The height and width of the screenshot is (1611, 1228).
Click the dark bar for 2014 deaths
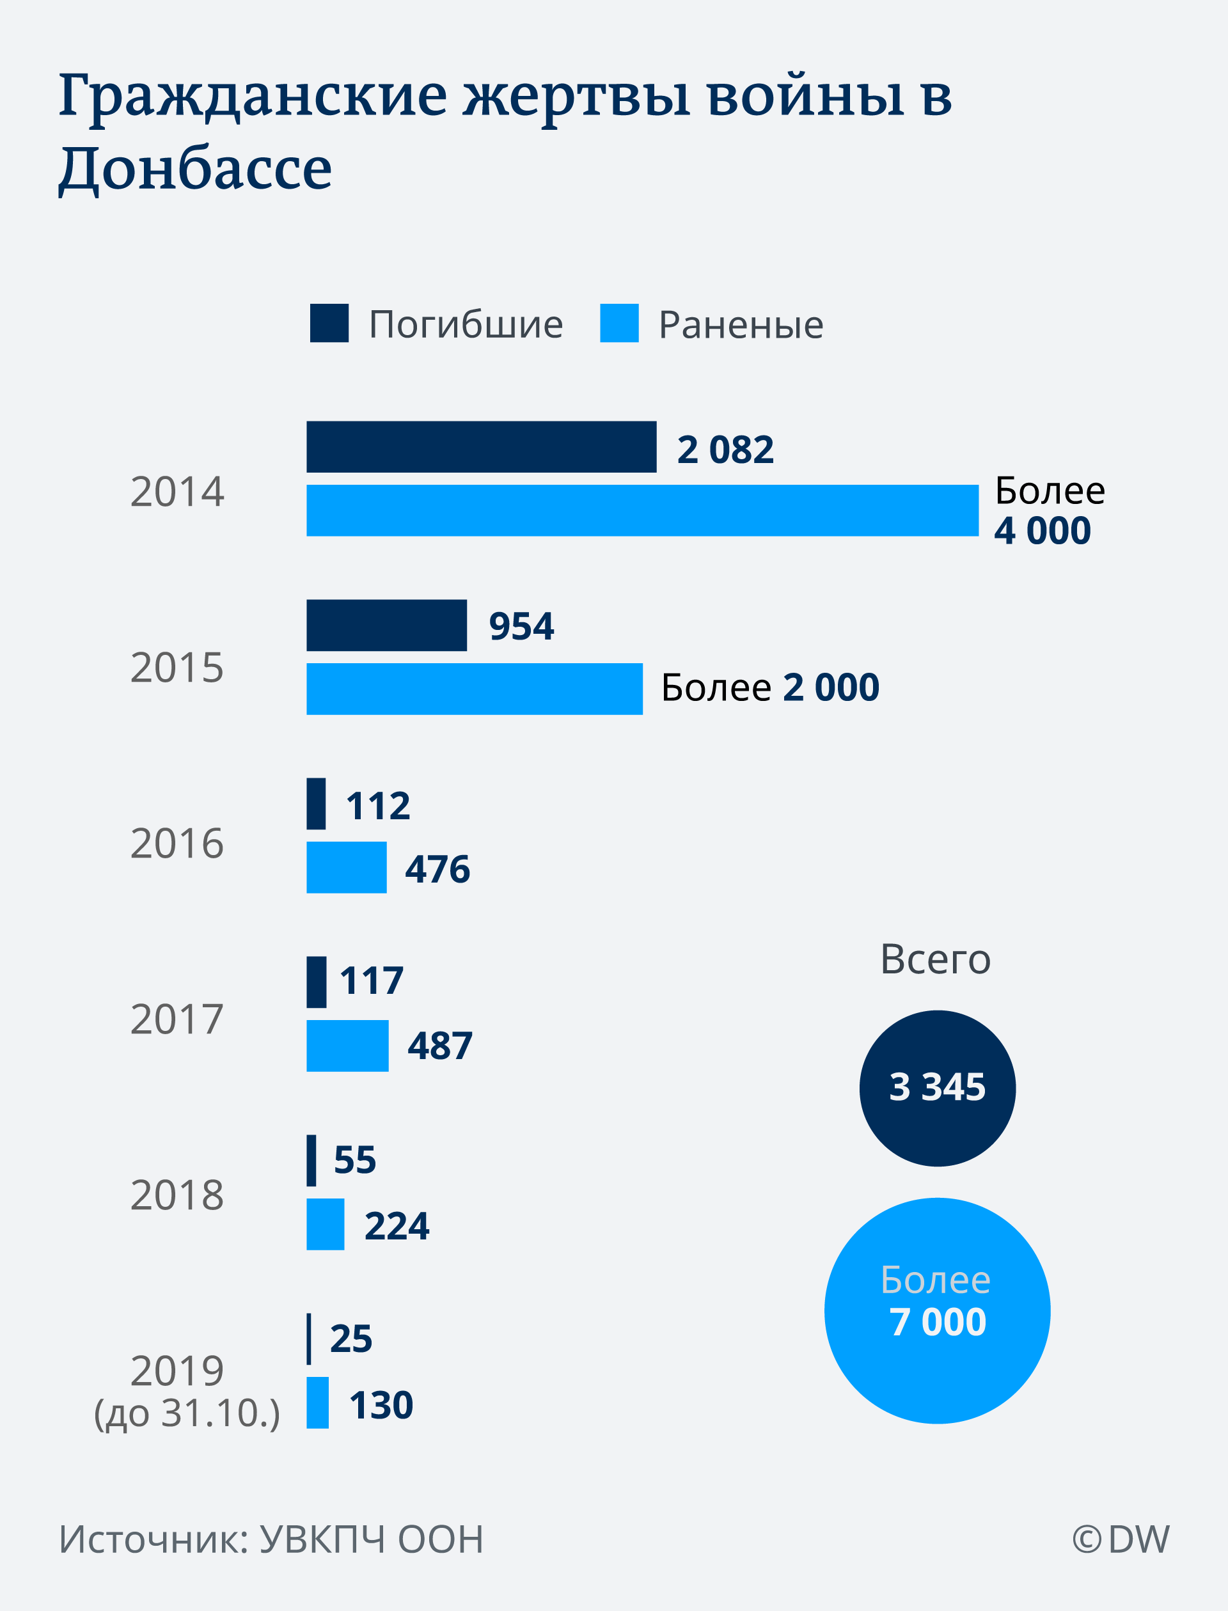pyautogui.click(x=481, y=446)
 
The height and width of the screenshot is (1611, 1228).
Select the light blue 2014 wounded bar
pyautogui.click(x=642, y=510)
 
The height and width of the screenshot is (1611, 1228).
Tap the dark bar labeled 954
pyautogui.click(x=386, y=625)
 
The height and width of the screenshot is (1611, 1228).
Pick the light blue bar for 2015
pyautogui.click(x=474, y=689)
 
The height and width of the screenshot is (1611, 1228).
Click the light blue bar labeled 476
pyautogui.click(x=346, y=867)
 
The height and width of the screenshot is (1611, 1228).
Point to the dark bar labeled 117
pyautogui.click(x=316, y=982)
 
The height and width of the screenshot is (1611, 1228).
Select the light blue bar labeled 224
pyautogui.click(x=324, y=1223)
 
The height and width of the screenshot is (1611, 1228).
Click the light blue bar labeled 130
pyautogui.click(x=317, y=1402)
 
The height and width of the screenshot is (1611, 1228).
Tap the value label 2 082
pyautogui.click(x=725, y=449)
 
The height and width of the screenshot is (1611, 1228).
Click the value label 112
pyautogui.click(x=378, y=806)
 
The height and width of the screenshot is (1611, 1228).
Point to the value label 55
pyautogui.click(x=354, y=1159)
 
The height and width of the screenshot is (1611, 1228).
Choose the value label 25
pyautogui.click(x=351, y=1338)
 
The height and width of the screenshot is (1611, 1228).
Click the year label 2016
pyautogui.click(x=177, y=843)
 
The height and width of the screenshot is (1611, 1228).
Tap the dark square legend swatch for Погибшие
pyautogui.click(x=329, y=323)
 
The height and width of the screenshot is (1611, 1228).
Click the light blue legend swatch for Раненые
pyautogui.click(x=619, y=323)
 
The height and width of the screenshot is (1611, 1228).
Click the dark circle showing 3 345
pyautogui.click(x=937, y=1088)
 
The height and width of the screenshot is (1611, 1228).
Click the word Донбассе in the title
pyautogui.click(x=195, y=168)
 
